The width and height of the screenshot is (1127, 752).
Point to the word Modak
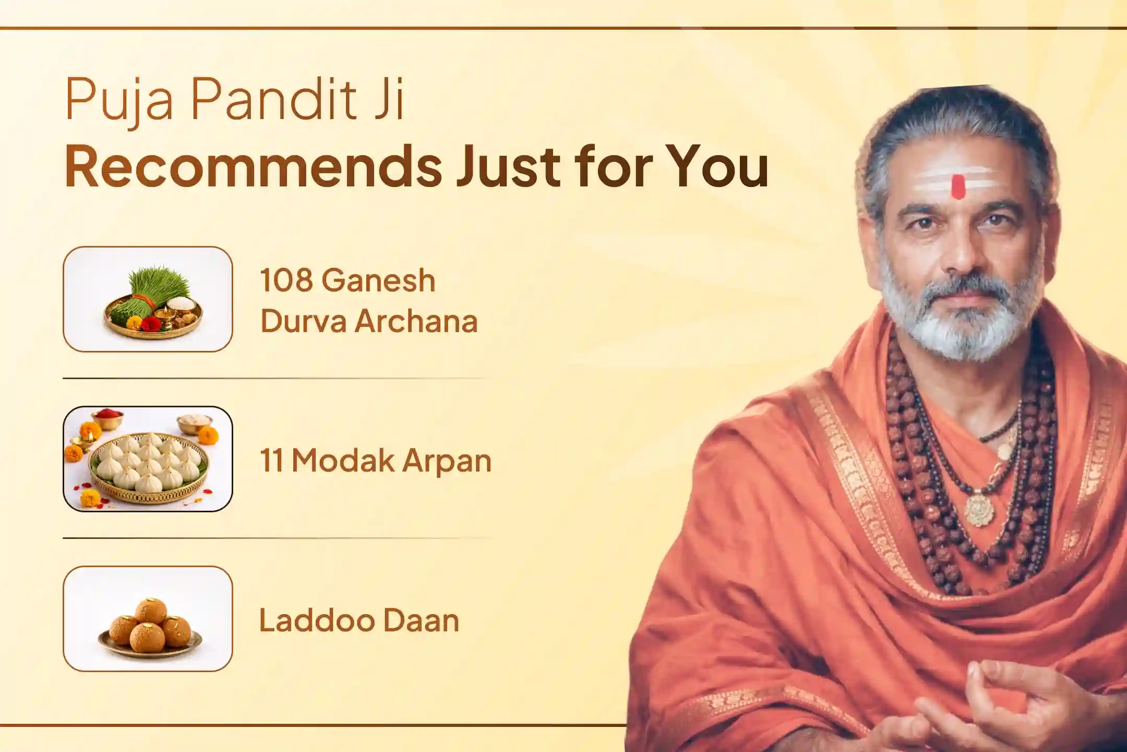(x=342, y=461)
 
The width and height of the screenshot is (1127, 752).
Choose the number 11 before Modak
(x=271, y=461)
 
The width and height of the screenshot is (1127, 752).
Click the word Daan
(x=421, y=620)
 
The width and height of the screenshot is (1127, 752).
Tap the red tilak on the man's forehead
(x=958, y=186)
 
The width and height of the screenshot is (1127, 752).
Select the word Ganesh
(x=378, y=280)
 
